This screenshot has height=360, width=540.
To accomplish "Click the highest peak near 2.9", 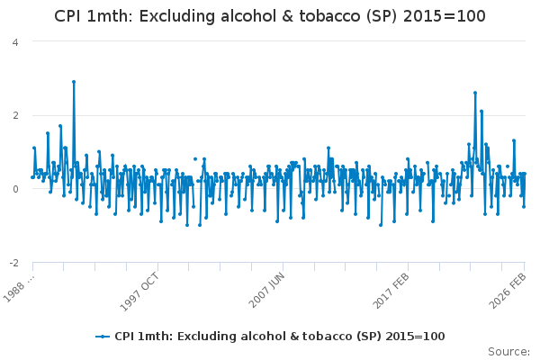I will coord(74,82).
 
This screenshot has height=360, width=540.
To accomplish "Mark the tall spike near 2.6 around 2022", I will coord(475,93).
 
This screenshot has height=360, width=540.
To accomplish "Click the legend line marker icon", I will coord(103,336).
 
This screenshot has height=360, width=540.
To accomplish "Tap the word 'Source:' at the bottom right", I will coord(508,351).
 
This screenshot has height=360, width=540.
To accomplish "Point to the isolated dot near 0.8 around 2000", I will coord(194,159).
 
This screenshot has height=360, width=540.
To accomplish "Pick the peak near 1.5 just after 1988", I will coord(48,133).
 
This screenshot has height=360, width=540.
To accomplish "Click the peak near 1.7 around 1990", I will coord(60,126).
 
